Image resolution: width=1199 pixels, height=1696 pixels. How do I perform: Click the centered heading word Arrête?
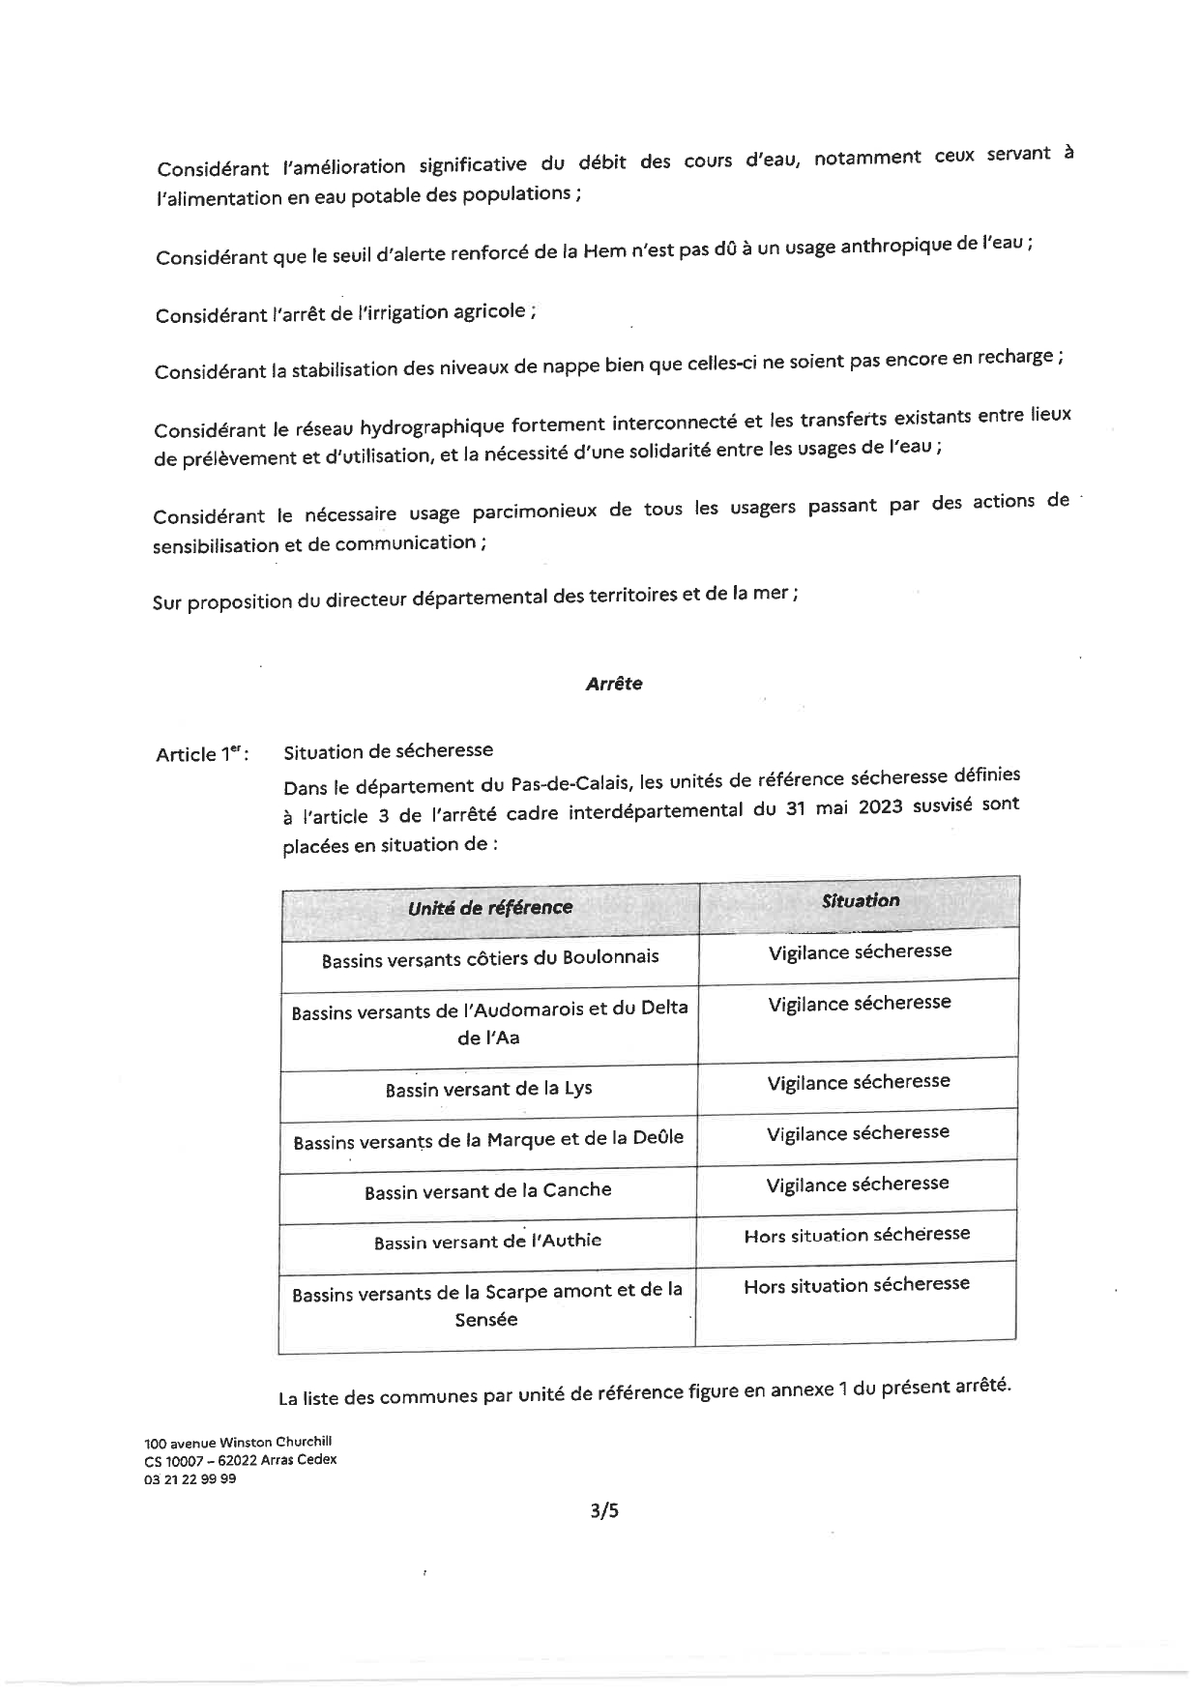pos(614,684)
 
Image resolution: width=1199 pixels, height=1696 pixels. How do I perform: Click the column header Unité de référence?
pos(489,908)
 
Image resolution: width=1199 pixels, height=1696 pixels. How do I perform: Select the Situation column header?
pos(860,901)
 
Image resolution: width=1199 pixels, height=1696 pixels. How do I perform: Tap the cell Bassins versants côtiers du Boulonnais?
pos(490,959)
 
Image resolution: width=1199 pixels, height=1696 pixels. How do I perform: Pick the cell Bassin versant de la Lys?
pos(488,1090)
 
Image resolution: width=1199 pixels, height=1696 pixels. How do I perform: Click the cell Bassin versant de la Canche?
pos(487,1191)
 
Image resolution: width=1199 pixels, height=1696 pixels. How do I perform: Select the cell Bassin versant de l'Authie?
pos(487,1242)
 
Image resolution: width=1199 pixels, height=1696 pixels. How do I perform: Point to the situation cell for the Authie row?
pos(857,1235)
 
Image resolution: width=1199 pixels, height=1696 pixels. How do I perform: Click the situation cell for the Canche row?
pos(858,1184)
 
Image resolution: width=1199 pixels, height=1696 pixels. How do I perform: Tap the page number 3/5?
pos(603,1510)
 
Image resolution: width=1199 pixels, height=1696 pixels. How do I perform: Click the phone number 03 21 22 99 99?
pos(190,1479)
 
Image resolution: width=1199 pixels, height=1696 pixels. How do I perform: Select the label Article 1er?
pos(202,754)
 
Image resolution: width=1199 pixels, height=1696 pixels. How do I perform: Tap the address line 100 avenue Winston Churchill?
pos(238,1442)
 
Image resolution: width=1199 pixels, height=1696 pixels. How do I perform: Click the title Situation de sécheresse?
pos(388,751)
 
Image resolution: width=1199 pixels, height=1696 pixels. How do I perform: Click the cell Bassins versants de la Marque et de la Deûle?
pos(488,1140)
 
